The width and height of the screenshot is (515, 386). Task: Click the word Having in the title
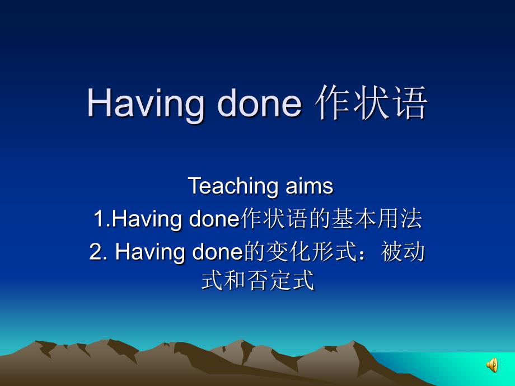click(145, 103)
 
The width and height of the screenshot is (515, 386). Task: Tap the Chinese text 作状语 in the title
click(371, 102)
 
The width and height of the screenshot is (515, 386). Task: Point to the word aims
click(310, 186)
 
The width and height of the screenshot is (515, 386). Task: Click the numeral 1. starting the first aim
click(102, 219)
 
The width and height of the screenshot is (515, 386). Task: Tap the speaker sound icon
click(492, 365)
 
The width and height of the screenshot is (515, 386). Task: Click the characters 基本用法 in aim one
click(377, 219)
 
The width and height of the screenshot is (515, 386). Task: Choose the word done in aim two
click(217, 252)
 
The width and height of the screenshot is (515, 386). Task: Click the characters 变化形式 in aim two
click(311, 252)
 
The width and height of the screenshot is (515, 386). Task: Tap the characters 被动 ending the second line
click(402, 252)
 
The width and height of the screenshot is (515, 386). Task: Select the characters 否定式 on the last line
click(281, 281)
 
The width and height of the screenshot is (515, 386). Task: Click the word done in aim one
click(214, 218)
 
